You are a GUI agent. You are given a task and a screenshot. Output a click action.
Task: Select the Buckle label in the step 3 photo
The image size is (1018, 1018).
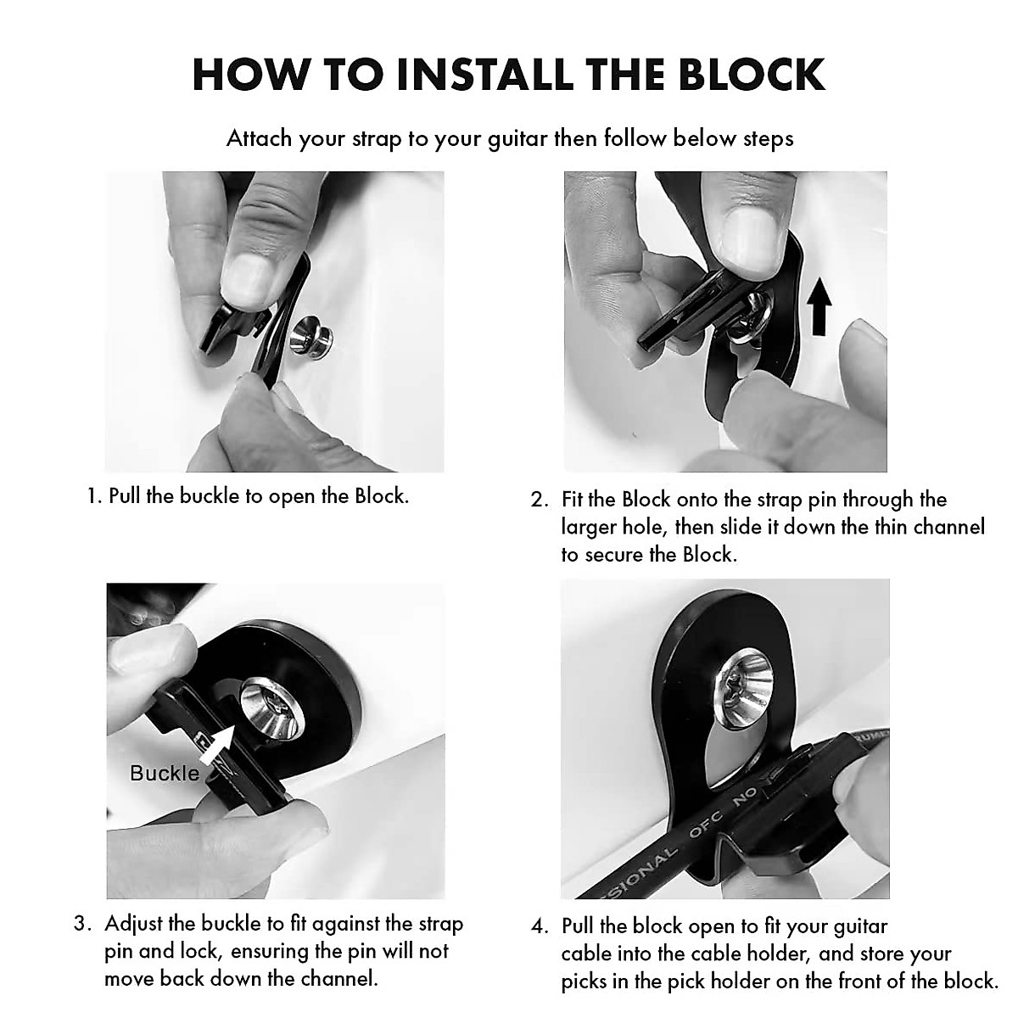(165, 773)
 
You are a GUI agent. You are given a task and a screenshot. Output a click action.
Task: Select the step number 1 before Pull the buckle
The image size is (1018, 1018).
(93, 496)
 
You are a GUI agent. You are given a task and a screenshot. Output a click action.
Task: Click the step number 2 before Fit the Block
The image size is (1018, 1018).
(539, 500)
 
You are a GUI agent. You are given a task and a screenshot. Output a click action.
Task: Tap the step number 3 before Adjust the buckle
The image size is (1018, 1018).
(81, 924)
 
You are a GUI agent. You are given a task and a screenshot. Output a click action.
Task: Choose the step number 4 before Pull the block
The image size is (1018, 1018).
(540, 926)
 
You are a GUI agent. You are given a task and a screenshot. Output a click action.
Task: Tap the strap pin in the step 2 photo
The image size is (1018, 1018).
(748, 325)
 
